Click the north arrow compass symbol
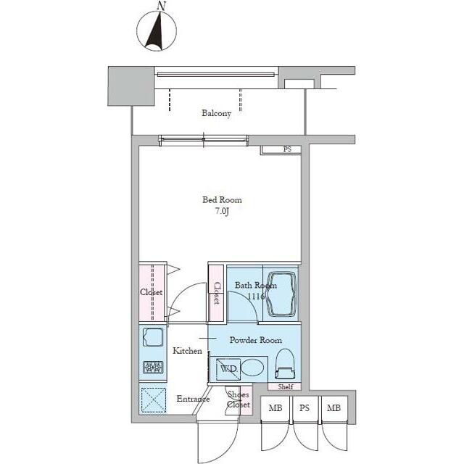click(x=157, y=31)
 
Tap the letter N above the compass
click(x=161, y=6)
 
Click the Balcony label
click(x=216, y=113)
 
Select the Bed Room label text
click(x=222, y=200)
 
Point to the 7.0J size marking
click(x=223, y=211)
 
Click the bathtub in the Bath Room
click(x=281, y=294)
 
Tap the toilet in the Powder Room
click(x=285, y=364)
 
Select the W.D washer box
click(x=228, y=369)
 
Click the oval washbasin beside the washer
click(x=252, y=368)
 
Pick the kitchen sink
click(x=153, y=337)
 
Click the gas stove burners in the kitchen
click(x=153, y=368)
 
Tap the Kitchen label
click(x=187, y=351)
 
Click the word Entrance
click(x=193, y=399)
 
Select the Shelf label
click(x=285, y=386)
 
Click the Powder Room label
click(x=256, y=340)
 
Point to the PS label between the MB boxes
click(x=304, y=408)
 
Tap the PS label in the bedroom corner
click(x=287, y=149)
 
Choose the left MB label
click(x=275, y=408)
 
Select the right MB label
click(x=333, y=408)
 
